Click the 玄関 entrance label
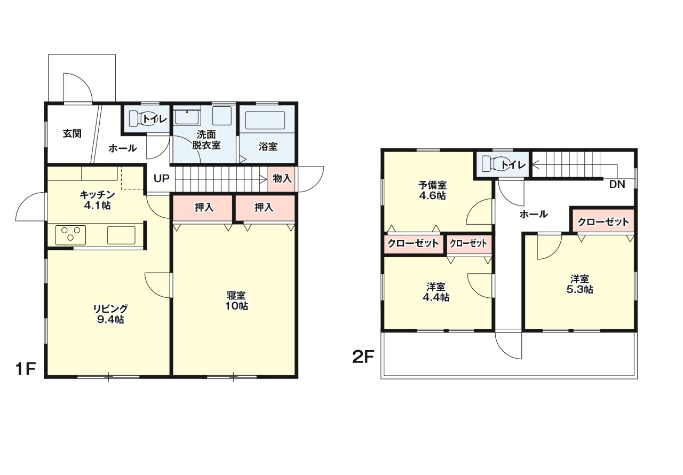click(x=72, y=133)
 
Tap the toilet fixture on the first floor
click(x=138, y=118)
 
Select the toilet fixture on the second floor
click(x=491, y=164)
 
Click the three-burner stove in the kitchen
click(x=70, y=235)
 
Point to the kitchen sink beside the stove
click(x=121, y=235)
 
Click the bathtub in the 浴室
click(x=265, y=120)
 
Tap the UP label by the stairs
click(x=161, y=178)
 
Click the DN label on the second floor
click(x=617, y=185)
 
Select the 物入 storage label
click(x=282, y=178)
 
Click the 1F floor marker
click(x=26, y=369)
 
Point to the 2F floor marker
click(x=363, y=357)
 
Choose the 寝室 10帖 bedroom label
click(x=236, y=300)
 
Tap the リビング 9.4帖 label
click(x=110, y=314)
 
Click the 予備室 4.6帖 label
click(x=432, y=190)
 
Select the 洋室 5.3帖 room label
click(x=579, y=284)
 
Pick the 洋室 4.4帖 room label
click(x=436, y=292)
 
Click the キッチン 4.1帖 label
click(x=97, y=200)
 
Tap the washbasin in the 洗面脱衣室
click(x=187, y=117)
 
